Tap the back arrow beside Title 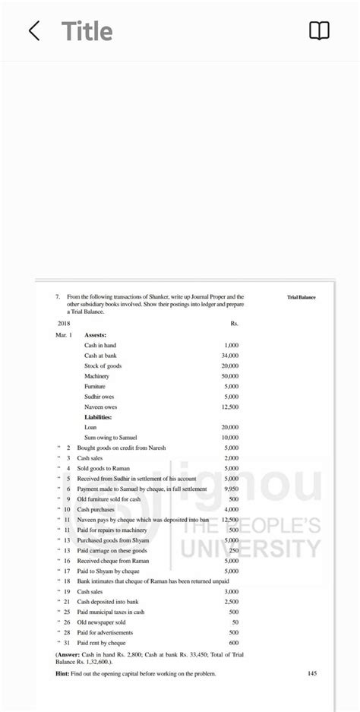(34, 31)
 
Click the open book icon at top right (319, 31)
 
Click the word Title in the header (87, 31)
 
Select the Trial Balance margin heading (302, 297)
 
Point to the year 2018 (64, 324)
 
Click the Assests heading (96, 334)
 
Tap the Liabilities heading (98, 417)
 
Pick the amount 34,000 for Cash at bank (229, 356)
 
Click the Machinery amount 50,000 (229, 376)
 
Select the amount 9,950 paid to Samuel (231, 489)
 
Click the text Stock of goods (103, 365)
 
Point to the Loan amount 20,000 (229, 427)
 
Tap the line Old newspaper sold (102, 622)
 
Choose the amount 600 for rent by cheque (234, 643)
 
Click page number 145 (312, 673)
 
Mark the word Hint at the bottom (63, 673)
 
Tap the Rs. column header (234, 324)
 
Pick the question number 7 (58, 297)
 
